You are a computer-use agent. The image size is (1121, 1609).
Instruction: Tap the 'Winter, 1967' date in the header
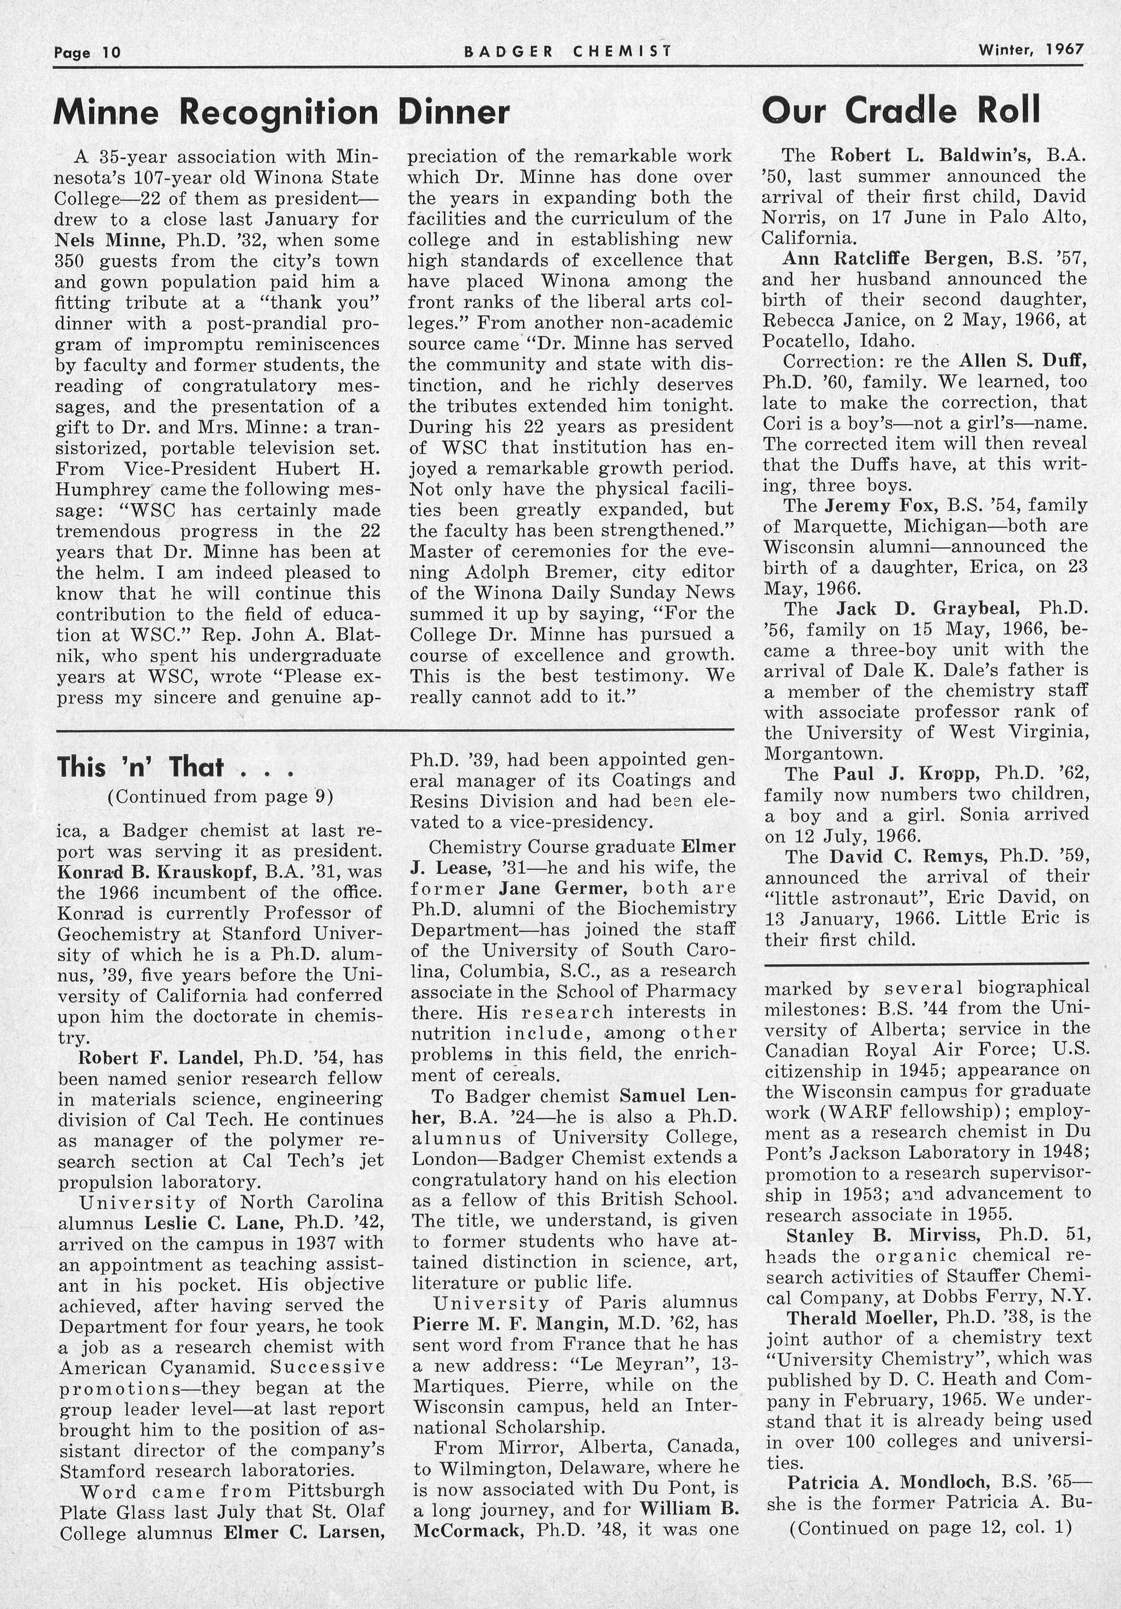point(1031,50)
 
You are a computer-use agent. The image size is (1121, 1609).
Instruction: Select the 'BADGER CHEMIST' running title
point(568,51)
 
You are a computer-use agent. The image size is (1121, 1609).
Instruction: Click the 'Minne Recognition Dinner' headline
point(281,112)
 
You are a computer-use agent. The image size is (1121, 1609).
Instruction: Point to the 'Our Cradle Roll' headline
point(900,110)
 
